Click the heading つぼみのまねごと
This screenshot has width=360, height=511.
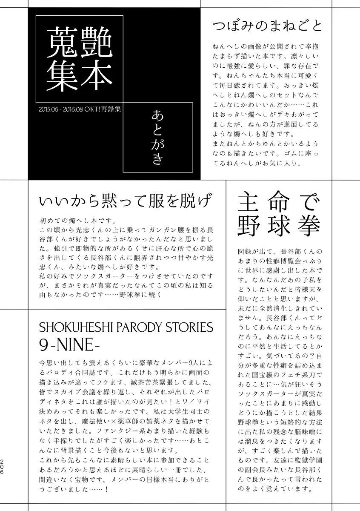pyautogui.click(x=267, y=26)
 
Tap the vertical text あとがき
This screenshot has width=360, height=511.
pyautogui.click(x=157, y=137)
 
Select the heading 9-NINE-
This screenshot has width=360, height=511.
pyautogui.click(x=66, y=344)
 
